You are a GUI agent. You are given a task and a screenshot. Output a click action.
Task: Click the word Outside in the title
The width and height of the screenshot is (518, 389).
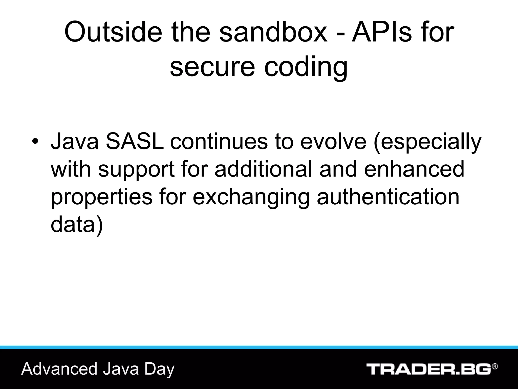click(113, 32)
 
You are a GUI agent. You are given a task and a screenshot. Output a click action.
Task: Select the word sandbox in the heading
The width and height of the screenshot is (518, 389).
click(273, 32)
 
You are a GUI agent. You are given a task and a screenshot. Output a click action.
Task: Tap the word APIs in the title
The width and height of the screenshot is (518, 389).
click(382, 32)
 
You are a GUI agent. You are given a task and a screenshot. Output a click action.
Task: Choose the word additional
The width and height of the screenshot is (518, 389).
click(263, 169)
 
